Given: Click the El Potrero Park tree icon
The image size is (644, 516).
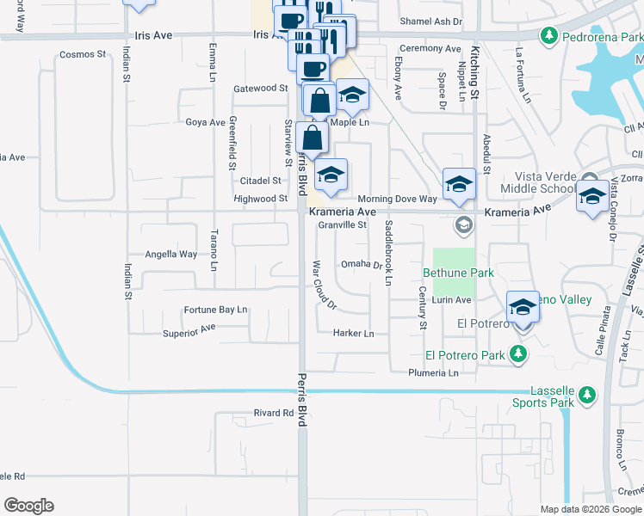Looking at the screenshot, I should [x=517, y=353].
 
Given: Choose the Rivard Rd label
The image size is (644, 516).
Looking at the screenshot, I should [x=274, y=413].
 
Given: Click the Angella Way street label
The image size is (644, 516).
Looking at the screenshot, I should [x=170, y=255].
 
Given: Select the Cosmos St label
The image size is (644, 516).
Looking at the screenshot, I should [x=82, y=54].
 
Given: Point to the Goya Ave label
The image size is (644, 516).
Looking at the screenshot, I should [x=205, y=122].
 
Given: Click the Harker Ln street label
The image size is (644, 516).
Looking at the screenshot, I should [x=354, y=333].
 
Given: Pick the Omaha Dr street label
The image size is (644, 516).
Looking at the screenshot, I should [x=362, y=264].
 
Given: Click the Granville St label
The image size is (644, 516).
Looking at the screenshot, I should [x=343, y=225].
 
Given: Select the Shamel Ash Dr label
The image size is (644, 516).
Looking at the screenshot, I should [x=431, y=21].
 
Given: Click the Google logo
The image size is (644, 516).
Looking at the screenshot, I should [x=28, y=506].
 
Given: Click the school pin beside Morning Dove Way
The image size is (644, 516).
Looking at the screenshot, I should [x=459, y=184].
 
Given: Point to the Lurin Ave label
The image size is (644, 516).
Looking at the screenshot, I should [x=451, y=300].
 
